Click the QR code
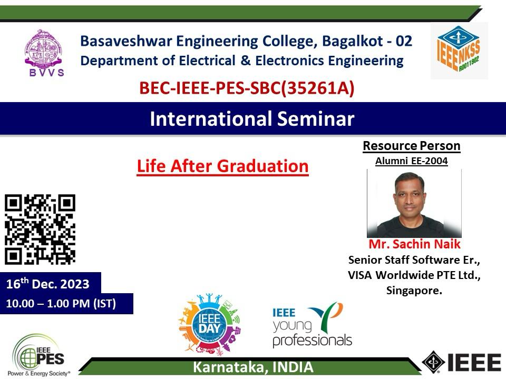click(40, 229)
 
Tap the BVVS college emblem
click(44, 53)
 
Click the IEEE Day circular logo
click(210, 324)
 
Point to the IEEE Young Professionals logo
click(312, 325)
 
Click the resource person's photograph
click(414, 203)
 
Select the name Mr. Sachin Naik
click(414, 244)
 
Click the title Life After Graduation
click(222, 166)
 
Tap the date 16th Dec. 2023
click(48, 284)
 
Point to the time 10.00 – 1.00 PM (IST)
click(61, 304)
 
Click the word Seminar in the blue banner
click(316, 118)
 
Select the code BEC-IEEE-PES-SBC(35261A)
click(247, 88)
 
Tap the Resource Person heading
click(412, 146)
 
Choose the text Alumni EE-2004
click(412, 161)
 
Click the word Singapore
click(414, 291)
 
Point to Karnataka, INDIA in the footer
click(253, 367)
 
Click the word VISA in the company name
click(360, 275)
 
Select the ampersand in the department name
click(245, 61)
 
